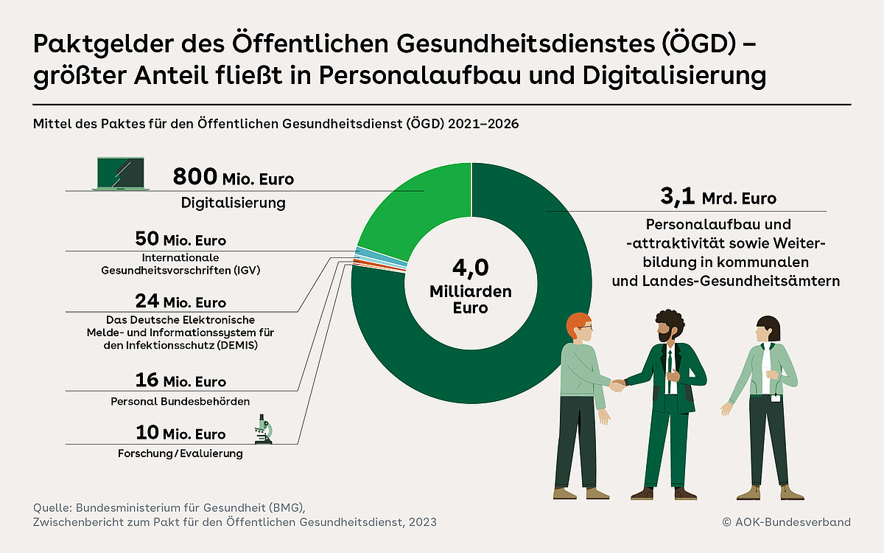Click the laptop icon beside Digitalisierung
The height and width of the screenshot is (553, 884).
tap(121, 174)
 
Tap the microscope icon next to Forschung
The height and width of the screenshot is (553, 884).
tap(263, 429)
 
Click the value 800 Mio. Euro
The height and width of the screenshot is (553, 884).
tap(233, 178)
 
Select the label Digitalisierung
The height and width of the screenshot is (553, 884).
tap(233, 203)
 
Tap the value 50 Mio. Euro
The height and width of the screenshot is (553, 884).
tap(180, 240)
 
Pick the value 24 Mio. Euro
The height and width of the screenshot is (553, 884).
tap(180, 302)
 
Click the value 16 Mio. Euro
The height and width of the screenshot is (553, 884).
tap(180, 380)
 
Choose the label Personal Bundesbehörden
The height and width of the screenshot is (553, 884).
tap(180, 402)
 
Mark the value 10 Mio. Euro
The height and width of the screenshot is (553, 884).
tap(180, 433)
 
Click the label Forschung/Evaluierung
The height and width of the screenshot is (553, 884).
tap(180, 453)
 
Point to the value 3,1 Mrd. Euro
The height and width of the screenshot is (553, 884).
tap(718, 198)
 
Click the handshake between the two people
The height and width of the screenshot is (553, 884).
tap(617, 384)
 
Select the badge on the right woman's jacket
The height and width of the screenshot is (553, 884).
tap(776, 399)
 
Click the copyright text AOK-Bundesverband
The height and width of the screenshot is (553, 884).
tap(787, 522)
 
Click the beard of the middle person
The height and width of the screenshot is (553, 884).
tap(667, 335)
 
